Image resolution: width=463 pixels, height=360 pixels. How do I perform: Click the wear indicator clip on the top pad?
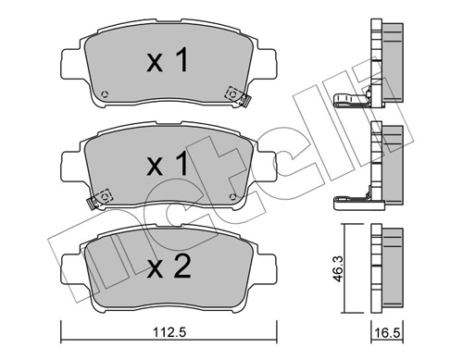coord(233,93)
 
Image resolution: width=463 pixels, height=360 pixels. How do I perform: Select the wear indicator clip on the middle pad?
coord(102,197)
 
